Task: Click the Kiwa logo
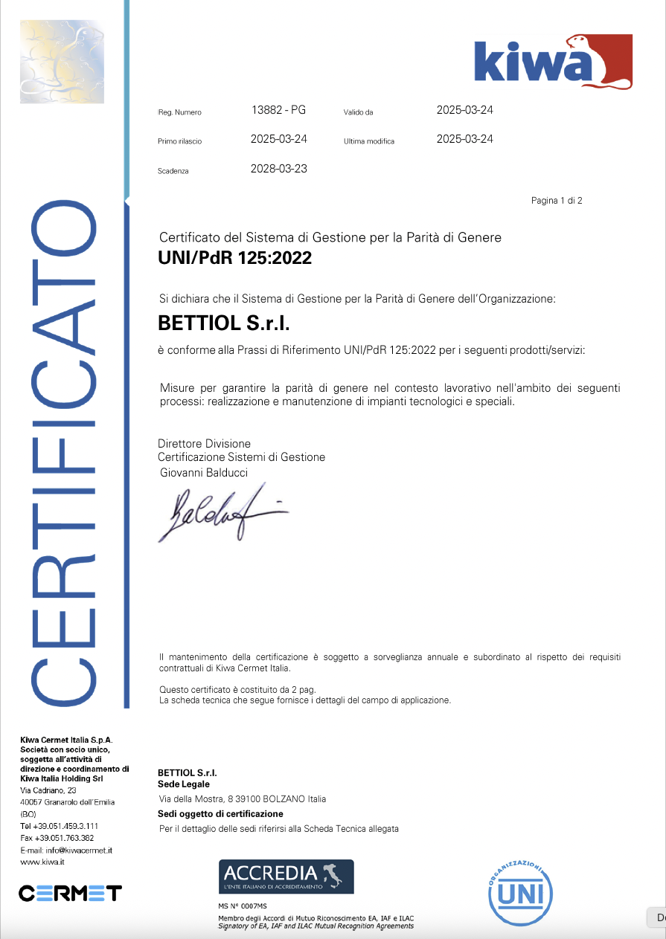click(553, 61)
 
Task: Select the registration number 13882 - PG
click(279, 110)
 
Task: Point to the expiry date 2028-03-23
click(279, 169)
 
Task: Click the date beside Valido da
click(465, 110)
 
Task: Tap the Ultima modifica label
click(369, 141)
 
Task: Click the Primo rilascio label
click(179, 141)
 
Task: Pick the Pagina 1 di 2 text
click(557, 201)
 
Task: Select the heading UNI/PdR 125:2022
click(235, 259)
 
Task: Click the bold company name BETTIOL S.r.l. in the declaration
click(223, 324)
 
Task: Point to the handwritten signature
click(220, 513)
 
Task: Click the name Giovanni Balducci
click(204, 473)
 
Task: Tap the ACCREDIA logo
click(286, 877)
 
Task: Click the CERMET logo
click(70, 893)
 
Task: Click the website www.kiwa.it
click(42, 862)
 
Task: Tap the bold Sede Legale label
click(184, 784)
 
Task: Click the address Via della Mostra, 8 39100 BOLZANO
click(243, 799)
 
